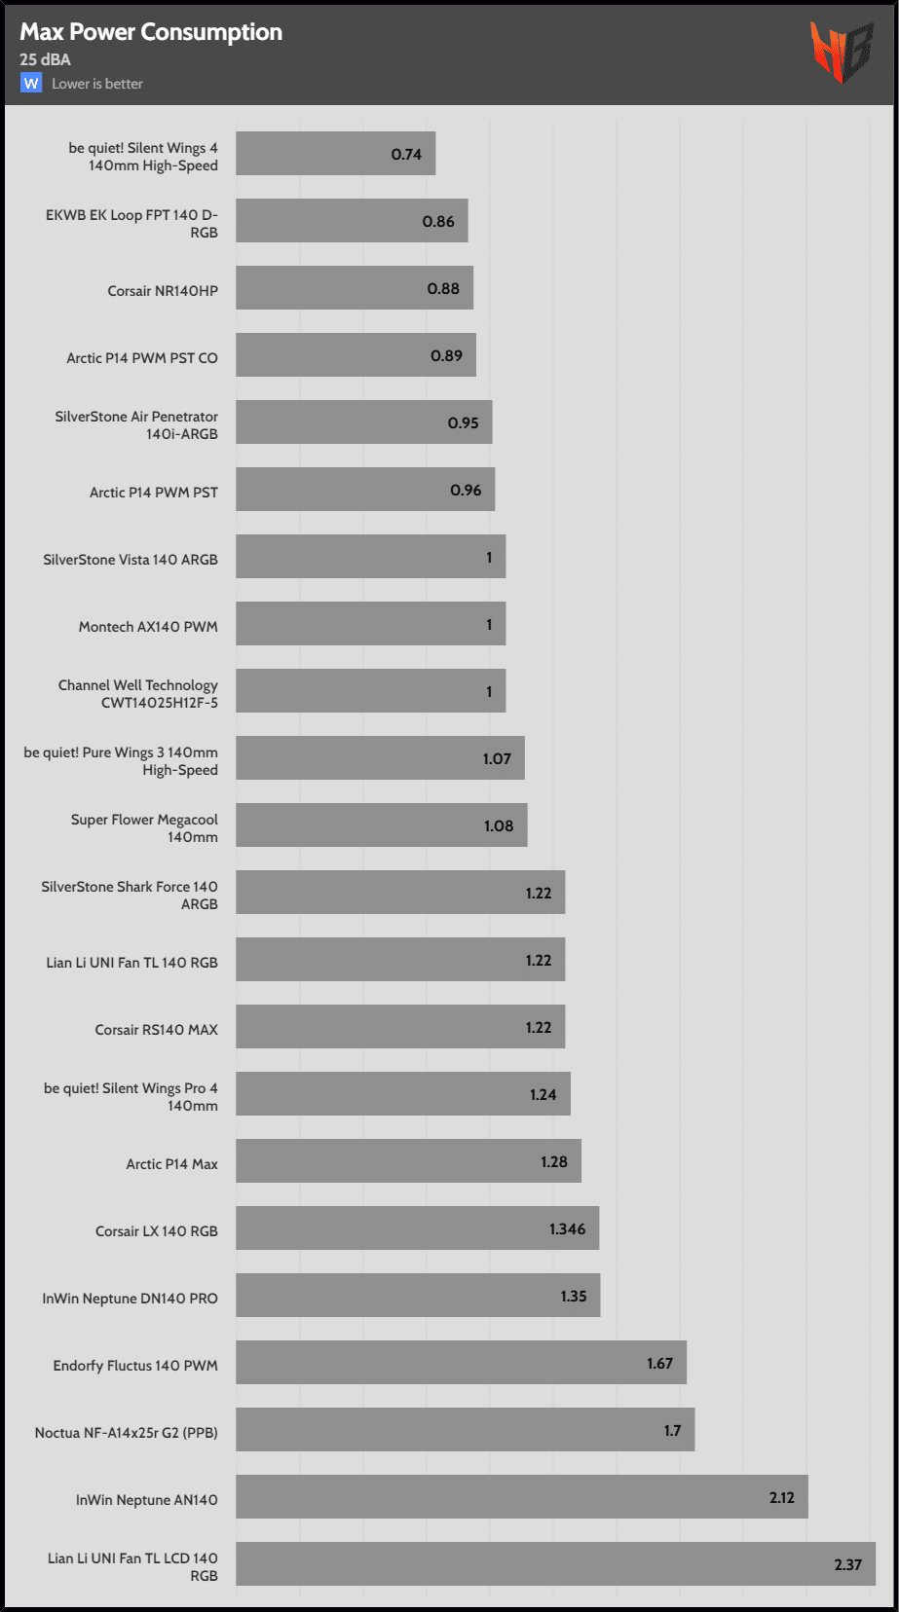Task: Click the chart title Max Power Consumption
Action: pyautogui.click(x=151, y=32)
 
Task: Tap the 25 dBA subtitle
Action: pyautogui.click(x=45, y=59)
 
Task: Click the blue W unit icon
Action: pyautogui.click(x=31, y=84)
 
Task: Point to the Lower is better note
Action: pyautogui.click(x=97, y=84)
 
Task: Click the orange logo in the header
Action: pyautogui.click(x=841, y=52)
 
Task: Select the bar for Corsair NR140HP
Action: pyautogui.click(x=354, y=288)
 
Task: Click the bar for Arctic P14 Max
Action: pyautogui.click(x=408, y=1161)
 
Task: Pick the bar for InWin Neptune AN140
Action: pyautogui.click(x=521, y=1497)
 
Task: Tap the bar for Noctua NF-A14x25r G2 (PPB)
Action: pyautogui.click(x=465, y=1430)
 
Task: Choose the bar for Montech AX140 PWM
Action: pyautogui.click(x=370, y=624)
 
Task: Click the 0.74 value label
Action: pyautogui.click(x=406, y=155)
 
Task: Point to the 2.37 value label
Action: pyautogui.click(x=847, y=1565)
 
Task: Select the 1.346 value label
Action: pyautogui.click(x=567, y=1229)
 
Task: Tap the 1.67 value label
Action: pyautogui.click(x=659, y=1364)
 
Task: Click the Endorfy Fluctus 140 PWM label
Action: pyautogui.click(x=135, y=1366)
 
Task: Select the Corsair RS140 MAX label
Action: pyautogui.click(x=156, y=1030)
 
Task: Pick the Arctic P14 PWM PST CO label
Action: pyautogui.click(x=142, y=358)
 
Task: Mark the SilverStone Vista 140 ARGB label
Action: pyautogui.click(x=131, y=560)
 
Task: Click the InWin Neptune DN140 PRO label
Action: pyautogui.click(x=130, y=1299)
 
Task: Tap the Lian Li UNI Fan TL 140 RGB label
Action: pyautogui.click(x=131, y=963)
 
